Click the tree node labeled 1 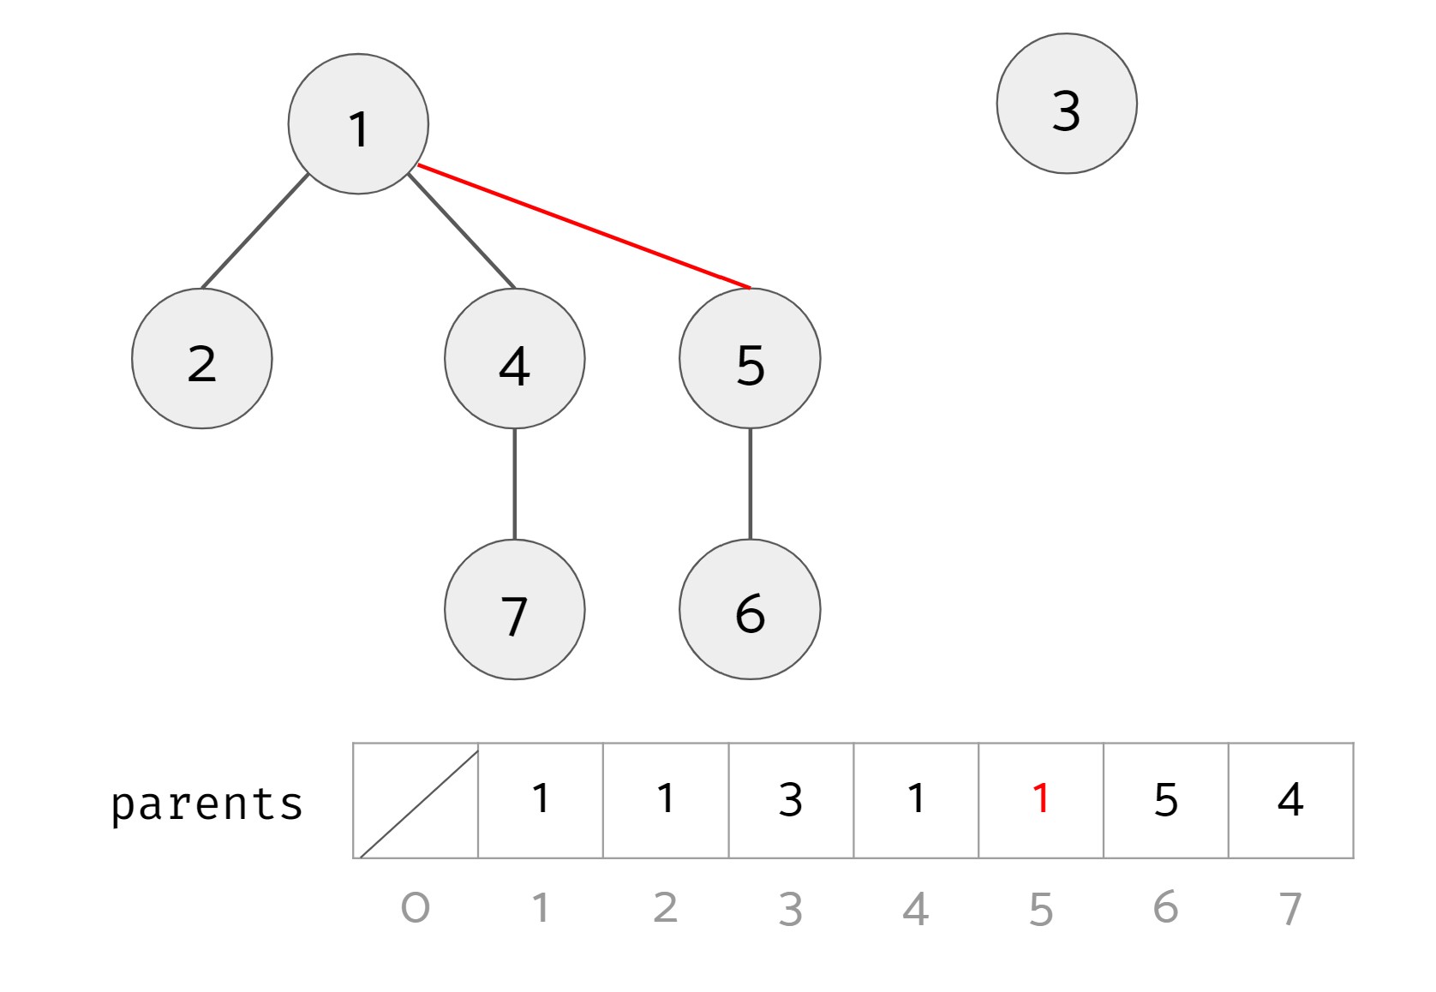coord(358,125)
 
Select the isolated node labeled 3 coord(1067,104)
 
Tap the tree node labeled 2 coord(202,359)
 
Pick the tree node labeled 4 coord(514,359)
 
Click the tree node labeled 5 coord(750,359)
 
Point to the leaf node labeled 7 coord(514,610)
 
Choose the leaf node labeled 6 coord(750,610)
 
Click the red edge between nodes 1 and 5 coord(583,226)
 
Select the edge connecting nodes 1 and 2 coord(254,231)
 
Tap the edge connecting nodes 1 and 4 coord(462,231)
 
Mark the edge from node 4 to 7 coord(514,484)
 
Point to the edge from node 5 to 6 coord(750,484)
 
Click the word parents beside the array coord(206,804)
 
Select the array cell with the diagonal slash coord(416,800)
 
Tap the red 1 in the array coord(1041,799)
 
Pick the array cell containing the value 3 coord(791,800)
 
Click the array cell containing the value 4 coord(1290,800)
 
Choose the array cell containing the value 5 coord(1165,800)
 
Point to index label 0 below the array coord(416,908)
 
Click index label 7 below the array coord(1290,908)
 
